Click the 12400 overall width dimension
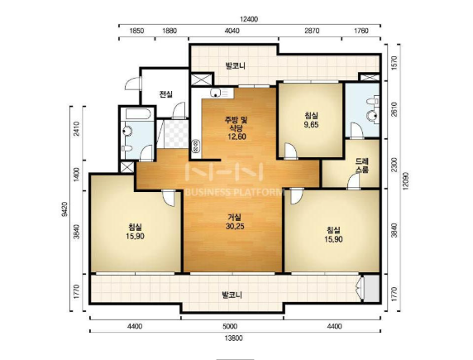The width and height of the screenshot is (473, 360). pos(249,19)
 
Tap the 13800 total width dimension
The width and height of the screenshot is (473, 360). pos(233,338)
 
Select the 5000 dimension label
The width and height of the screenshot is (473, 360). pos(230,326)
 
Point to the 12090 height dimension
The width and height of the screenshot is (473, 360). pos(405,181)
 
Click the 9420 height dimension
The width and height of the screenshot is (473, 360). pos(64,209)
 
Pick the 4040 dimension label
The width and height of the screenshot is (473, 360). pos(232,31)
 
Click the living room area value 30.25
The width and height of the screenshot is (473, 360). pos(235,226)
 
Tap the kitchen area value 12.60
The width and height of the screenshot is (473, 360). pos(236,137)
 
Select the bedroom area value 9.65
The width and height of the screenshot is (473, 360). pos(311,124)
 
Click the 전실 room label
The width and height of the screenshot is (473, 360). pos(166,94)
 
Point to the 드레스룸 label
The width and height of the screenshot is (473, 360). pos(362,166)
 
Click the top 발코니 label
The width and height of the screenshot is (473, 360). pos(236,66)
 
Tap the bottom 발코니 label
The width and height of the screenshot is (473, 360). pos(232,295)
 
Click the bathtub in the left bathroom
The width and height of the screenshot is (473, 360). pos(138,114)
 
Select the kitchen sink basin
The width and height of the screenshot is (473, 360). pos(215,93)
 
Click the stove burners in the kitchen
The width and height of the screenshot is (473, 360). pos(195,146)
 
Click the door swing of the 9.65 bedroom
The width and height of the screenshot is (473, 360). pos(290,151)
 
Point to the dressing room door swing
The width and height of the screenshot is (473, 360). pos(354,182)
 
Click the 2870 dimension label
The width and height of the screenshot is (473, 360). pos(312,31)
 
